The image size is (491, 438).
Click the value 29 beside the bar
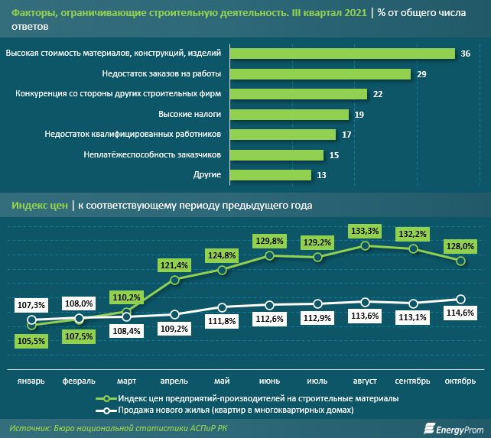coord(421,74)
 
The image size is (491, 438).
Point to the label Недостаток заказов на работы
coord(161,74)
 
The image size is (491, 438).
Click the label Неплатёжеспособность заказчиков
coord(152,154)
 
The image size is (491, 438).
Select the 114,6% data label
coord(461,313)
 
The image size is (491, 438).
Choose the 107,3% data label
coord(31,305)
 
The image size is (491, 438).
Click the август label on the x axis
coord(366,381)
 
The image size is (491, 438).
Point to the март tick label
coord(127,381)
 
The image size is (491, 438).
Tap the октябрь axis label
coord(460,381)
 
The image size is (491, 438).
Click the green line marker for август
coord(366,245)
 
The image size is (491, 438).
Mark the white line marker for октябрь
coord(461,299)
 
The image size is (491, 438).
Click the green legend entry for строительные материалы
coord(258,398)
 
